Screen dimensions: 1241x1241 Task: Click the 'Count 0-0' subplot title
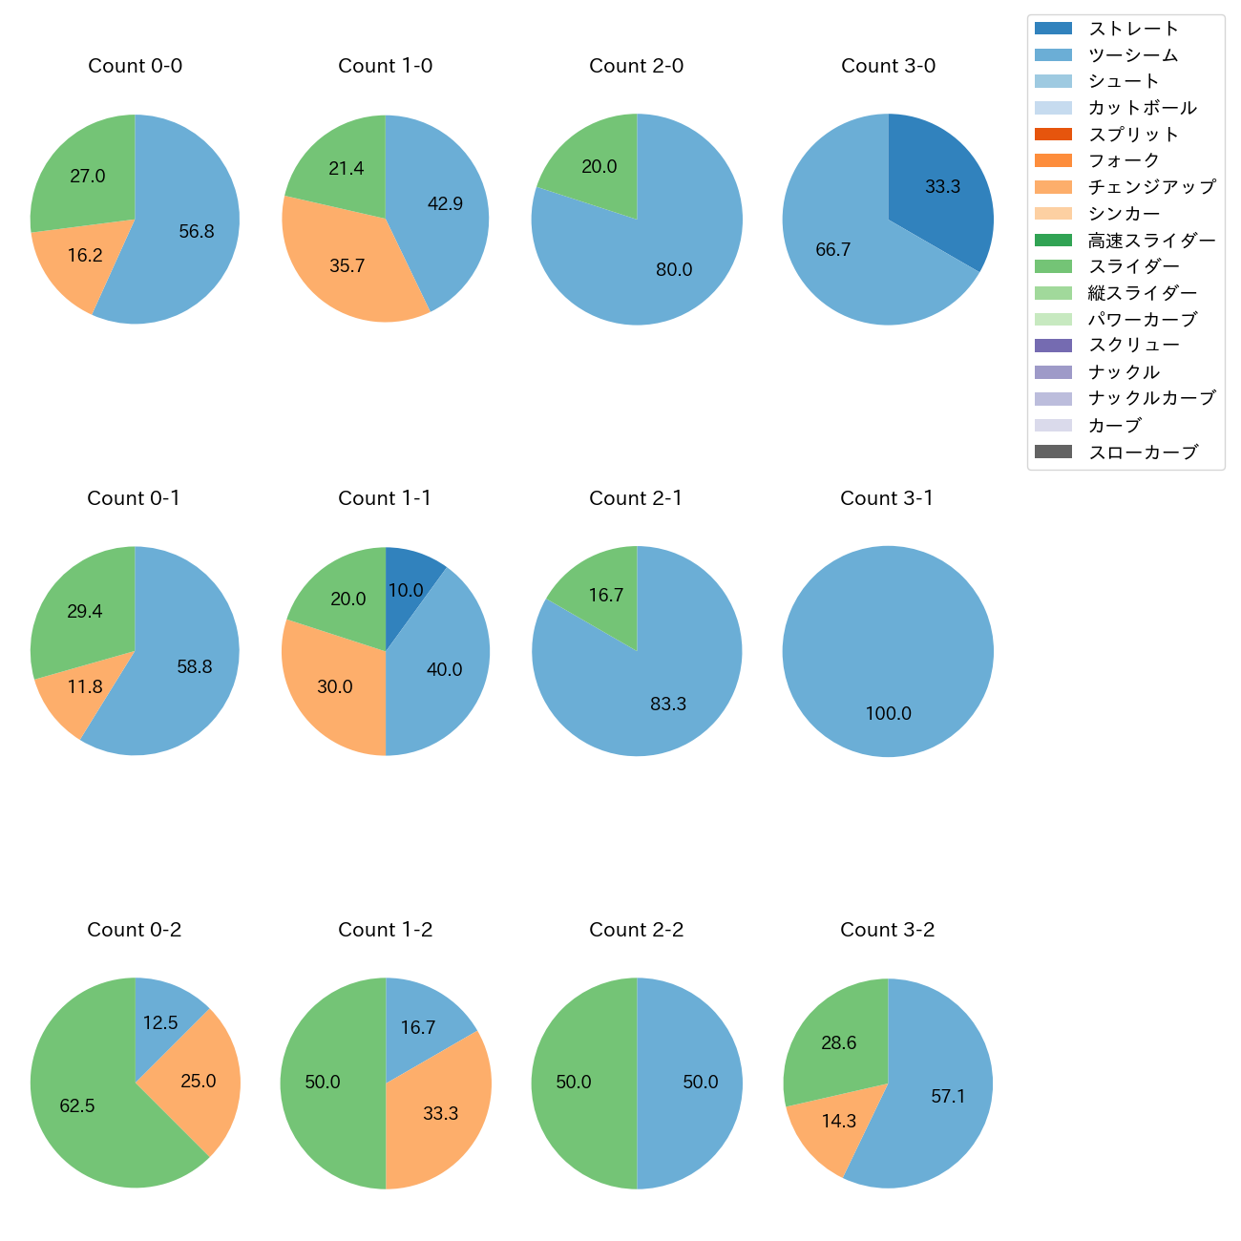click(135, 66)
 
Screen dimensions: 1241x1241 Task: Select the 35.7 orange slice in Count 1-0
click(344, 263)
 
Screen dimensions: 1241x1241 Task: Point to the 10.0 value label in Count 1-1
click(406, 591)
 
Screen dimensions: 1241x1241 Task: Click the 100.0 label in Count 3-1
click(888, 714)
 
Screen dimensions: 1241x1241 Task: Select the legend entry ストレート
click(1133, 29)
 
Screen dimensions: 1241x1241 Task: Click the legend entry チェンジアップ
click(1151, 187)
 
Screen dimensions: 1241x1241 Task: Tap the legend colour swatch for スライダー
click(1053, 266)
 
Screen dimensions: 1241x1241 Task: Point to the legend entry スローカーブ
click(1143, 452)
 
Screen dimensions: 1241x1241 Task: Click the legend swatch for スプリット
click(1053, 135)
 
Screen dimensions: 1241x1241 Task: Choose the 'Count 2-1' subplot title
click(636, 498)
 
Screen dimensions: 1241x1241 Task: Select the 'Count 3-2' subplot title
click(887, 930)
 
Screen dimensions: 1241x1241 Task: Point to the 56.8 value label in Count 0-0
click(197, 232)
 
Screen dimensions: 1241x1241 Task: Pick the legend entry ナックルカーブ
click(1151, 399)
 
